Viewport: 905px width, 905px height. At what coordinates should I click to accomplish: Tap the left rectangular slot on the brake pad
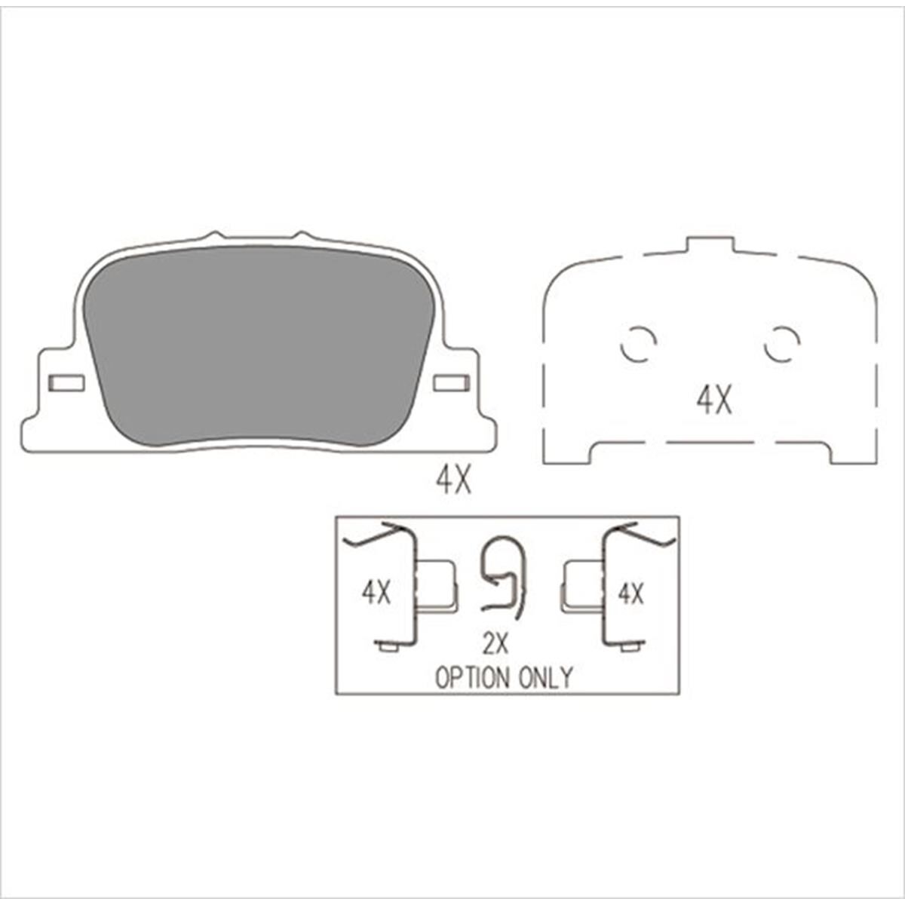pos(66,383)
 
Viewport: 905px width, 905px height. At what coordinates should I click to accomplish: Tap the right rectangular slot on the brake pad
pos(452,383)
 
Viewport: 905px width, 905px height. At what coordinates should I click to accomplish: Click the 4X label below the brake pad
pos(453,480)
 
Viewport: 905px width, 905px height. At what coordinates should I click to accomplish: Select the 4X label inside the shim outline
pos(713,400)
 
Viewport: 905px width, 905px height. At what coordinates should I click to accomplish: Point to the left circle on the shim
pos(638,345)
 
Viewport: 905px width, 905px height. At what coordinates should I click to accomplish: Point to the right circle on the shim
pos(781,345)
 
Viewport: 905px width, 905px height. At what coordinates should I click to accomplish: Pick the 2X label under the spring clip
pos(496,643)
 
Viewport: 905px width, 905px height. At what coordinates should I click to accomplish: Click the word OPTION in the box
pos(472,677)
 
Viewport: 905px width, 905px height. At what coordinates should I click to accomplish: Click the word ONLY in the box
pos(545,677)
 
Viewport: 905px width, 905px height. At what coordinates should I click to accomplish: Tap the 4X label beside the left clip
pos(376,593)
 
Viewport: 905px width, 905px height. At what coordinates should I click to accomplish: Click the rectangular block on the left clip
pos(437,584)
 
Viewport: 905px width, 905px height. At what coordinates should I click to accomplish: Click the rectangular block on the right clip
pos(583,584)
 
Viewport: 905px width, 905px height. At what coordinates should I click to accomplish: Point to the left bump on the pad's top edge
pos(214,236)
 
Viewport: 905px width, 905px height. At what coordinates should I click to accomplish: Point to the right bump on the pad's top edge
pos(301,236)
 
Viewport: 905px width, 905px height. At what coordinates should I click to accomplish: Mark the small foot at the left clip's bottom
pos(388,646)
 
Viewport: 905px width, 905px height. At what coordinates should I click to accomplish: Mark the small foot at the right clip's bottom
pos(632,646)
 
